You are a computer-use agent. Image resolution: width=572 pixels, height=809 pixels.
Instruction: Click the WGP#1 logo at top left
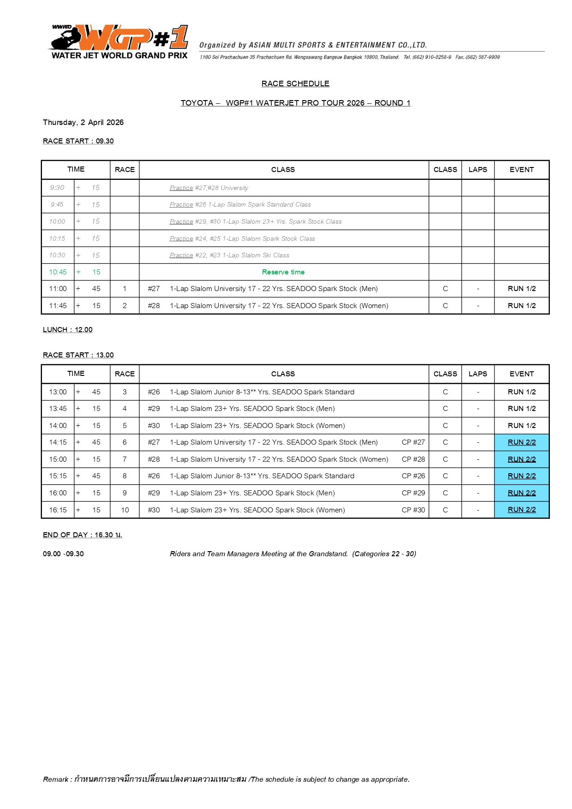[x=119, y=42]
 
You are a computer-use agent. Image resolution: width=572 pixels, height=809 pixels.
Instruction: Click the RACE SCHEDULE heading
[x=295, y=83]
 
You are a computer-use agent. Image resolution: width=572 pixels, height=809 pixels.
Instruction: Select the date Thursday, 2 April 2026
[x=83, y=122]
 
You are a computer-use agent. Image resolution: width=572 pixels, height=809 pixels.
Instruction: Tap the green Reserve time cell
[x=283, y=272]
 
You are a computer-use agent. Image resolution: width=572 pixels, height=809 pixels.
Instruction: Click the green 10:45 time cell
[x=58, y=272]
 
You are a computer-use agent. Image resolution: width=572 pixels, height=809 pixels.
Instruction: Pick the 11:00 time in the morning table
[x=58, y=289]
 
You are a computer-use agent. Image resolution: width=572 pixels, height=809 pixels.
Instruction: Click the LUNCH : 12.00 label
[x=67, y=329]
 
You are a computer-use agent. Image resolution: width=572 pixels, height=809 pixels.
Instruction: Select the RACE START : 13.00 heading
[x=78, y=355]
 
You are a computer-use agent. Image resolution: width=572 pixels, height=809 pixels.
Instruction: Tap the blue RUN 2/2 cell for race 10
[x=522, y=510]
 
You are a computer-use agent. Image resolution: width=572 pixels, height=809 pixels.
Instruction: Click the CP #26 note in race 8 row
[x=413, y=476]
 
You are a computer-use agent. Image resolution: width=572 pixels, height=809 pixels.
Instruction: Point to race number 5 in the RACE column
[x=125, y=426]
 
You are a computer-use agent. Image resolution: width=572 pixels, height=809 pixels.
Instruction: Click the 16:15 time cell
[x=58, y=510]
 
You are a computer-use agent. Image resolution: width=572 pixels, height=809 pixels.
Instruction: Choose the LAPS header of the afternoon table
[x=477, y=374]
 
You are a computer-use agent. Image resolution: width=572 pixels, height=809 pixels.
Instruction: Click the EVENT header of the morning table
[x=522, y=170]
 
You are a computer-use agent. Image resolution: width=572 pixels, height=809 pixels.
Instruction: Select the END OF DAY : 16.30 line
[x=82, y=535]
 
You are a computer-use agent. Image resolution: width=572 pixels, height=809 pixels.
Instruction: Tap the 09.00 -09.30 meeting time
[x=63, y=554]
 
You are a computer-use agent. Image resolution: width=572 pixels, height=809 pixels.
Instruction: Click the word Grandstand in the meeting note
[x=328, y=554]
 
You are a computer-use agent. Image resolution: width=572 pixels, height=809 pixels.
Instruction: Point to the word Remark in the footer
[x=55, y=779]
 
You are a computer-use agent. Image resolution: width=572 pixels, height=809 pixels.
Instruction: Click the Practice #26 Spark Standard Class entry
[x=240, y=205]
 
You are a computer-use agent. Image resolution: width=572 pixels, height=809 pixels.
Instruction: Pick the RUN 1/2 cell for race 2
[x=522, y=306]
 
